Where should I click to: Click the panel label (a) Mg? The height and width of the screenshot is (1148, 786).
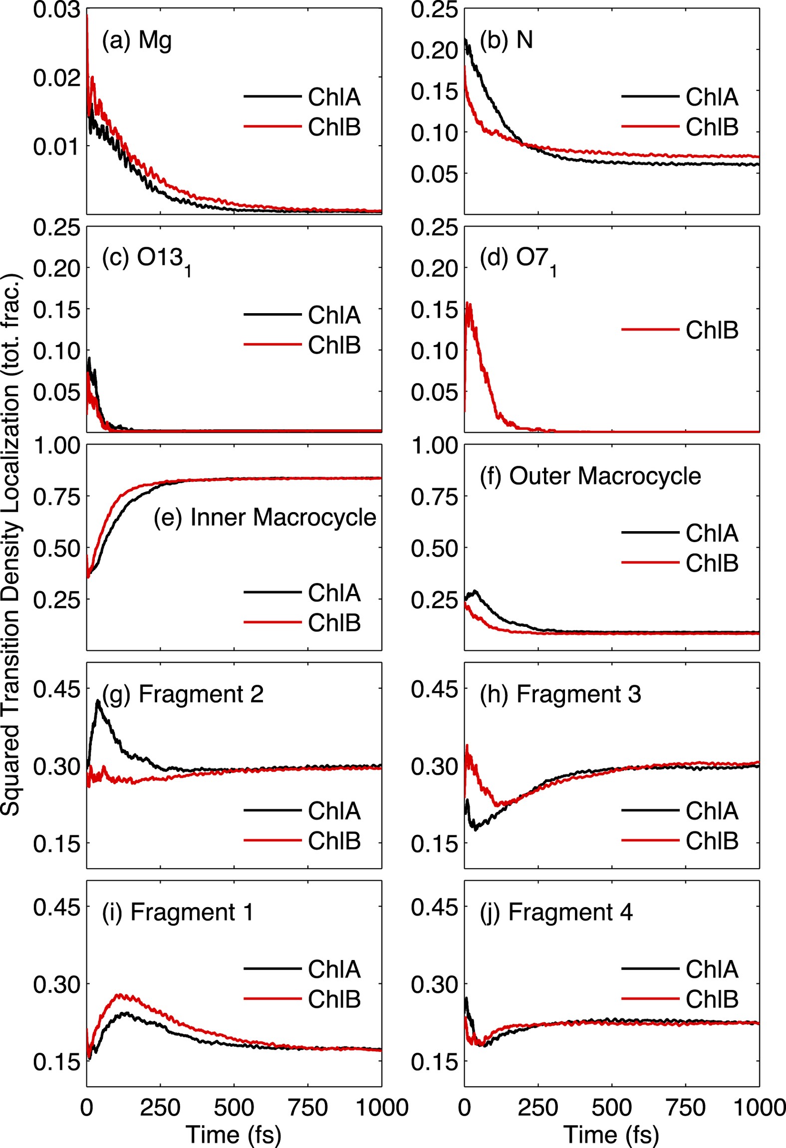[x=137, y=40]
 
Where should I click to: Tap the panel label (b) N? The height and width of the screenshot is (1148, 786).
[x=506, y=40]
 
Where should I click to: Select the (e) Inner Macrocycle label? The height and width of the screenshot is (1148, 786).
[x=264, y=517]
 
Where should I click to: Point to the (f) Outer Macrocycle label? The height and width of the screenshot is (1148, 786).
[x=590, y=476]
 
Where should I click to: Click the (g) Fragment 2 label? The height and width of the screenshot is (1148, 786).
[x=183, y=694]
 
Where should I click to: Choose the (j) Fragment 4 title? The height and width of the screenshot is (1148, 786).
[x=556, y=912]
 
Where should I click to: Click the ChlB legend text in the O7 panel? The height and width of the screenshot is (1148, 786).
[x=712, y=330]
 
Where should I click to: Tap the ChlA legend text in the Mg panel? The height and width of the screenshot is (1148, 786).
[x=334, y=96]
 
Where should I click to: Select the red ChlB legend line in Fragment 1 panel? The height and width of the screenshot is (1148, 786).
[x=272, y=999]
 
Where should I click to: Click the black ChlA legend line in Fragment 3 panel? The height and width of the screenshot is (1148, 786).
[x=650, y=810]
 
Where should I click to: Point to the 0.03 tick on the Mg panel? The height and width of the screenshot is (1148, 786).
[x=56, y=10]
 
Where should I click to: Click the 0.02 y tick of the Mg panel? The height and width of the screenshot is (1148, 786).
[x=56, y=78]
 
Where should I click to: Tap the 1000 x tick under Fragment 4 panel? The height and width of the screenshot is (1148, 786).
[x=759, y=1108]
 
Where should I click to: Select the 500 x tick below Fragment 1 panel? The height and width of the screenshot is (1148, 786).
[x=234, y=1108]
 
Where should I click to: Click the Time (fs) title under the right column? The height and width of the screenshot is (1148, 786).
[x=611, y=1135]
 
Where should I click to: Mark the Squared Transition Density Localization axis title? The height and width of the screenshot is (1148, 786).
[x=11, y=544]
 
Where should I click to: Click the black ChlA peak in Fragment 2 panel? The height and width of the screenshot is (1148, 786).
[x=98, y=701]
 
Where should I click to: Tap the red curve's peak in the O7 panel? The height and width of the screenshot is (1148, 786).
[x=468, y=303]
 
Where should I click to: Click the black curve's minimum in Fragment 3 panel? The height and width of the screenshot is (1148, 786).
[x=476, y=829]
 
